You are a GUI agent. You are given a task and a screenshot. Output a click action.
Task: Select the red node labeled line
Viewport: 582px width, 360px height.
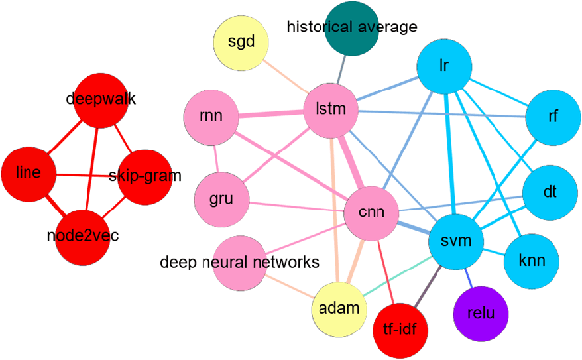click(x=29, y=172)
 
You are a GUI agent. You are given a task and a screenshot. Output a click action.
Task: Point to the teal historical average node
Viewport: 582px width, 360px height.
click(x=352, y=28)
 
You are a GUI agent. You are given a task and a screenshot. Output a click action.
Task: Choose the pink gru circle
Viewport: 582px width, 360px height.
click(x=221, y=199)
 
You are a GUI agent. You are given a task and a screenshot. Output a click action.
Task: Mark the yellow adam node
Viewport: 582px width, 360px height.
click(x=339, y=307)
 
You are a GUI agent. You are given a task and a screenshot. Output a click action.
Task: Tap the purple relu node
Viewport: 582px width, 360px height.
click(x=481, y=315)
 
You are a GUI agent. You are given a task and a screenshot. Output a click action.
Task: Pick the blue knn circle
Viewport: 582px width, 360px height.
click(x=531, y=262)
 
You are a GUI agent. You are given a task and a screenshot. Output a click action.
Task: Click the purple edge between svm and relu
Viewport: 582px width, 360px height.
click(x=468, y=278)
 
